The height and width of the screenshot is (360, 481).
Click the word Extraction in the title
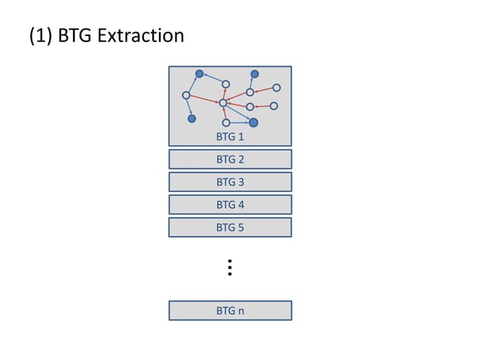click(x=140, y=35)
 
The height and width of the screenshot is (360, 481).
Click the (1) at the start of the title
click(x=41, y=35)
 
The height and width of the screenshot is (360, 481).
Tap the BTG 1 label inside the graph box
click(x=230, y=137)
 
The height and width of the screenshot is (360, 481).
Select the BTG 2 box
click(x=230, y=160)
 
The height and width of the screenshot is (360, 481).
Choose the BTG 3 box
click(x=230, y=182)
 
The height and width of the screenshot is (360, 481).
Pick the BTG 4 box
click(x=230, y=205)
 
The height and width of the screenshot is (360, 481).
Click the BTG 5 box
click(x=230, y=227)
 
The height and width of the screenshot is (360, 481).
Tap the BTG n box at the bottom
click(x=230, y=310)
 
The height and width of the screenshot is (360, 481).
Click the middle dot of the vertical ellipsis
click(x=229, y=267)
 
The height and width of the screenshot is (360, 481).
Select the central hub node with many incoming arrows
click(x=223, y=102)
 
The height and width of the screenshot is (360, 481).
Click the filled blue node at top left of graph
click(x=199, y=74)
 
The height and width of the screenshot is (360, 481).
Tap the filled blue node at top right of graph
click(x=255, y=74)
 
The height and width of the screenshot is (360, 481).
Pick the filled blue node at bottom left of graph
click(x=191, y=118)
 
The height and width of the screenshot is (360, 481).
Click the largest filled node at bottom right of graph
click(x=253, y=122)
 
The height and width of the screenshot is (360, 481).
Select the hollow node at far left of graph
click(x=186, y=95)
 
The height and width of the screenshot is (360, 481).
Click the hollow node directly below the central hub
click(x=226, y=122)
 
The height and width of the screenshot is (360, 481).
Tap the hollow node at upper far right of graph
click(x=277, y=87)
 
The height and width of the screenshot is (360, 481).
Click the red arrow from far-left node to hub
click(x=204, y=99)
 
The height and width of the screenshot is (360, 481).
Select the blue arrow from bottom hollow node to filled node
click(x=239, y=122)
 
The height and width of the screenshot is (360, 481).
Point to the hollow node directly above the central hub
click(x=225, y=84)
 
